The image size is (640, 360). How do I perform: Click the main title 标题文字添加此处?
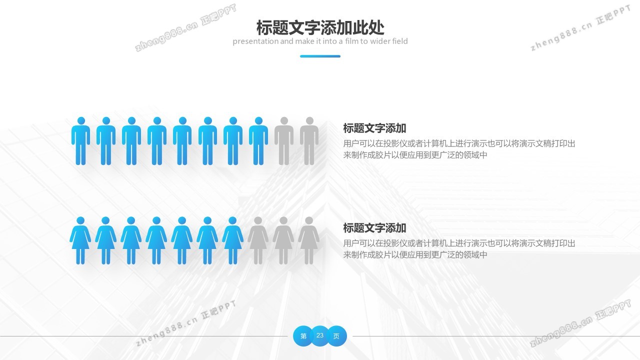(x=320, y=27)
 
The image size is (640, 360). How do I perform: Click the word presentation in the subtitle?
(x=255, y=41)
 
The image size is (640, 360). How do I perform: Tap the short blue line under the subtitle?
(x=320, y=56)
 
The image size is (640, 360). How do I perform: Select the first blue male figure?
(x=80, y=142)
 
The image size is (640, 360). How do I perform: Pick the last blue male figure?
(x=258, y=142)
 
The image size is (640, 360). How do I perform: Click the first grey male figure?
(x=283, y=142)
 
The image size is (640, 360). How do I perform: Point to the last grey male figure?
(x=309, y=142)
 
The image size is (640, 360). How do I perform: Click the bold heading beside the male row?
(x=374, y=128)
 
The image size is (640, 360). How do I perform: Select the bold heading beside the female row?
(x=374, y=228)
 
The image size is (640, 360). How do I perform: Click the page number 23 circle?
(x=320, y=335)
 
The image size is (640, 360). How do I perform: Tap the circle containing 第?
(x=303, y=336)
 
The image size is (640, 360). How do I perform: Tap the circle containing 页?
(x=336, y=336)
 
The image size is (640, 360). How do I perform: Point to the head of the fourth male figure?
(x=157, y=120)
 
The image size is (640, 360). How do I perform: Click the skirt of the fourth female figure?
(x=156, y=241)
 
